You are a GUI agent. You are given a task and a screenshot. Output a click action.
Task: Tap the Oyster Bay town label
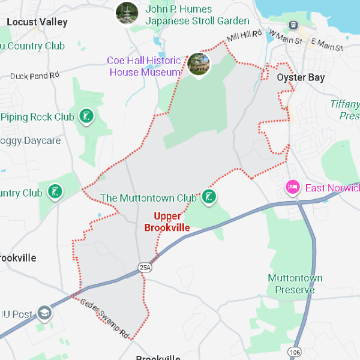coord(301,77)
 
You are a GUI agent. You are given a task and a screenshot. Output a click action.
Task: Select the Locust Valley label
coord(37,22)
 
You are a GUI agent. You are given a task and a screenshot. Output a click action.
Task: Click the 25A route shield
coord(145,267)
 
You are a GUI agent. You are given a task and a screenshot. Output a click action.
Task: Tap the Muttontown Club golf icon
coord(208,196)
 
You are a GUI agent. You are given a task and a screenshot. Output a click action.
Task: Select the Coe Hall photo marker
coord(199,64)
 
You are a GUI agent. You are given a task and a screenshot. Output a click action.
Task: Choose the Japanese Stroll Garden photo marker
coord(127,13)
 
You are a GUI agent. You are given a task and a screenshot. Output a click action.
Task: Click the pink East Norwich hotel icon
coord(293,188)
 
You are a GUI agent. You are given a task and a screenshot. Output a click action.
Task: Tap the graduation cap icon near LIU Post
coord(44,313)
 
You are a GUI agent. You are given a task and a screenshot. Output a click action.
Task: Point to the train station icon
coord(293,25)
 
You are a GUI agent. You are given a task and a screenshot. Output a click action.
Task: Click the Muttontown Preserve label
coord(295,284)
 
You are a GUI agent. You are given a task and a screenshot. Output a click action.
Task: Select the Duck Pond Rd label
coord(35,76)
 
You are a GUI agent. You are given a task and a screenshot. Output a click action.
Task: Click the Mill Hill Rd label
coord(245,36)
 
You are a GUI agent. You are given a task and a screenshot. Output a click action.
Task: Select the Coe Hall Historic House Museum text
coord(144,67)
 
